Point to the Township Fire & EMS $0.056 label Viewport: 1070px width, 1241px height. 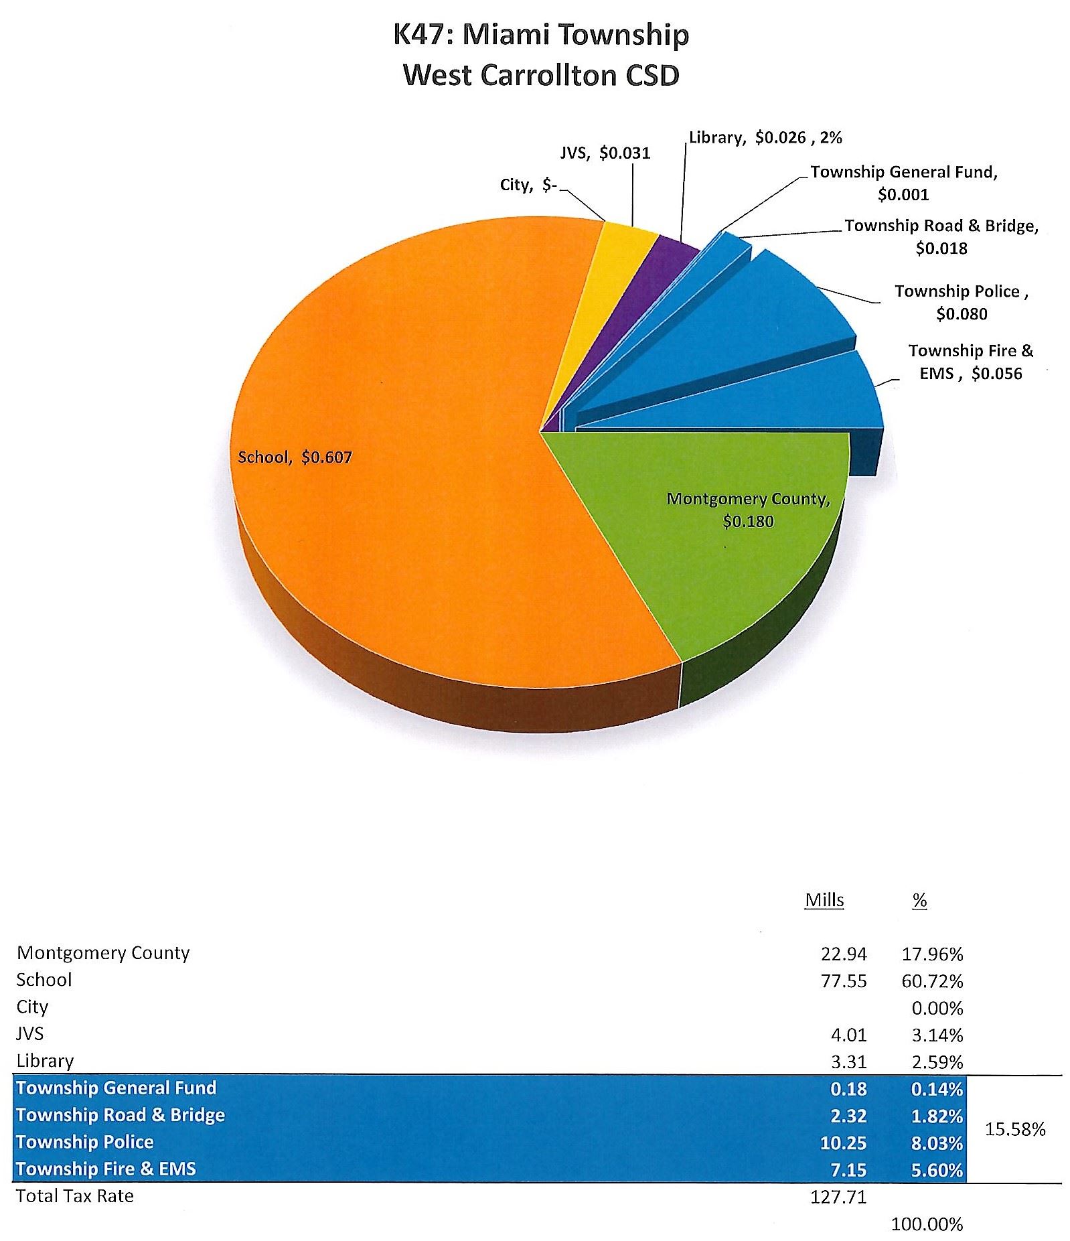pos(970,362)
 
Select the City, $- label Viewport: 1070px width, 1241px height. pos(528,185)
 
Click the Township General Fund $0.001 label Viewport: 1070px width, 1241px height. pos(904,183)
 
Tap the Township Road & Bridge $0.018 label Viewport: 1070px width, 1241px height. pos(941,236)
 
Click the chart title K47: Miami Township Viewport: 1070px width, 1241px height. pos(541,35)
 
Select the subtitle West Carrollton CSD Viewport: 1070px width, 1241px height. pos(541,75)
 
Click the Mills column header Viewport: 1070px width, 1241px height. pos(824,900)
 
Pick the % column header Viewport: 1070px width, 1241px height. pos(920,901)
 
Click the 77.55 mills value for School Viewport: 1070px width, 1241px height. pos(843,981)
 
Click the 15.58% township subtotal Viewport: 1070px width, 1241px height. pos(1015,1129)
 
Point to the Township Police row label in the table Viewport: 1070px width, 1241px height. pos(85,1142)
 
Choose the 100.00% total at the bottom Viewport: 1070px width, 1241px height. pos(927,1225)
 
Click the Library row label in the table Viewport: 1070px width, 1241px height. pos(45,1061)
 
